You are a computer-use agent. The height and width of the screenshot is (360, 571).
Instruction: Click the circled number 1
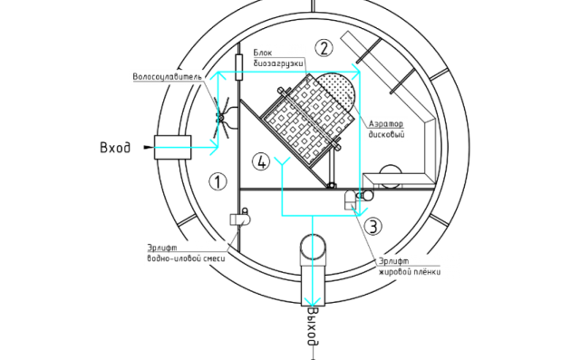coord(218,181)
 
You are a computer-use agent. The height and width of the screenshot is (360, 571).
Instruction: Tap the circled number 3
coord(374,226)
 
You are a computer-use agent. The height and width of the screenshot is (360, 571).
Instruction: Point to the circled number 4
coord(262,161)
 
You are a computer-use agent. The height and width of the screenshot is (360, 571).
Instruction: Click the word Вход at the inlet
coord(115,147)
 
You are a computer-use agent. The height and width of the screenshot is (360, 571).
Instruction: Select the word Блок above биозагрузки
coord(262,54)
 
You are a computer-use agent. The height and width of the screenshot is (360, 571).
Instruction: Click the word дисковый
coord(385,134)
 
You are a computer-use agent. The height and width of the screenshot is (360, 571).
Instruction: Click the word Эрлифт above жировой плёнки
coord(392,260)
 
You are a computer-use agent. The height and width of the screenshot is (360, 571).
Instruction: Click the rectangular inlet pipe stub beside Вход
coord(171,147)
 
